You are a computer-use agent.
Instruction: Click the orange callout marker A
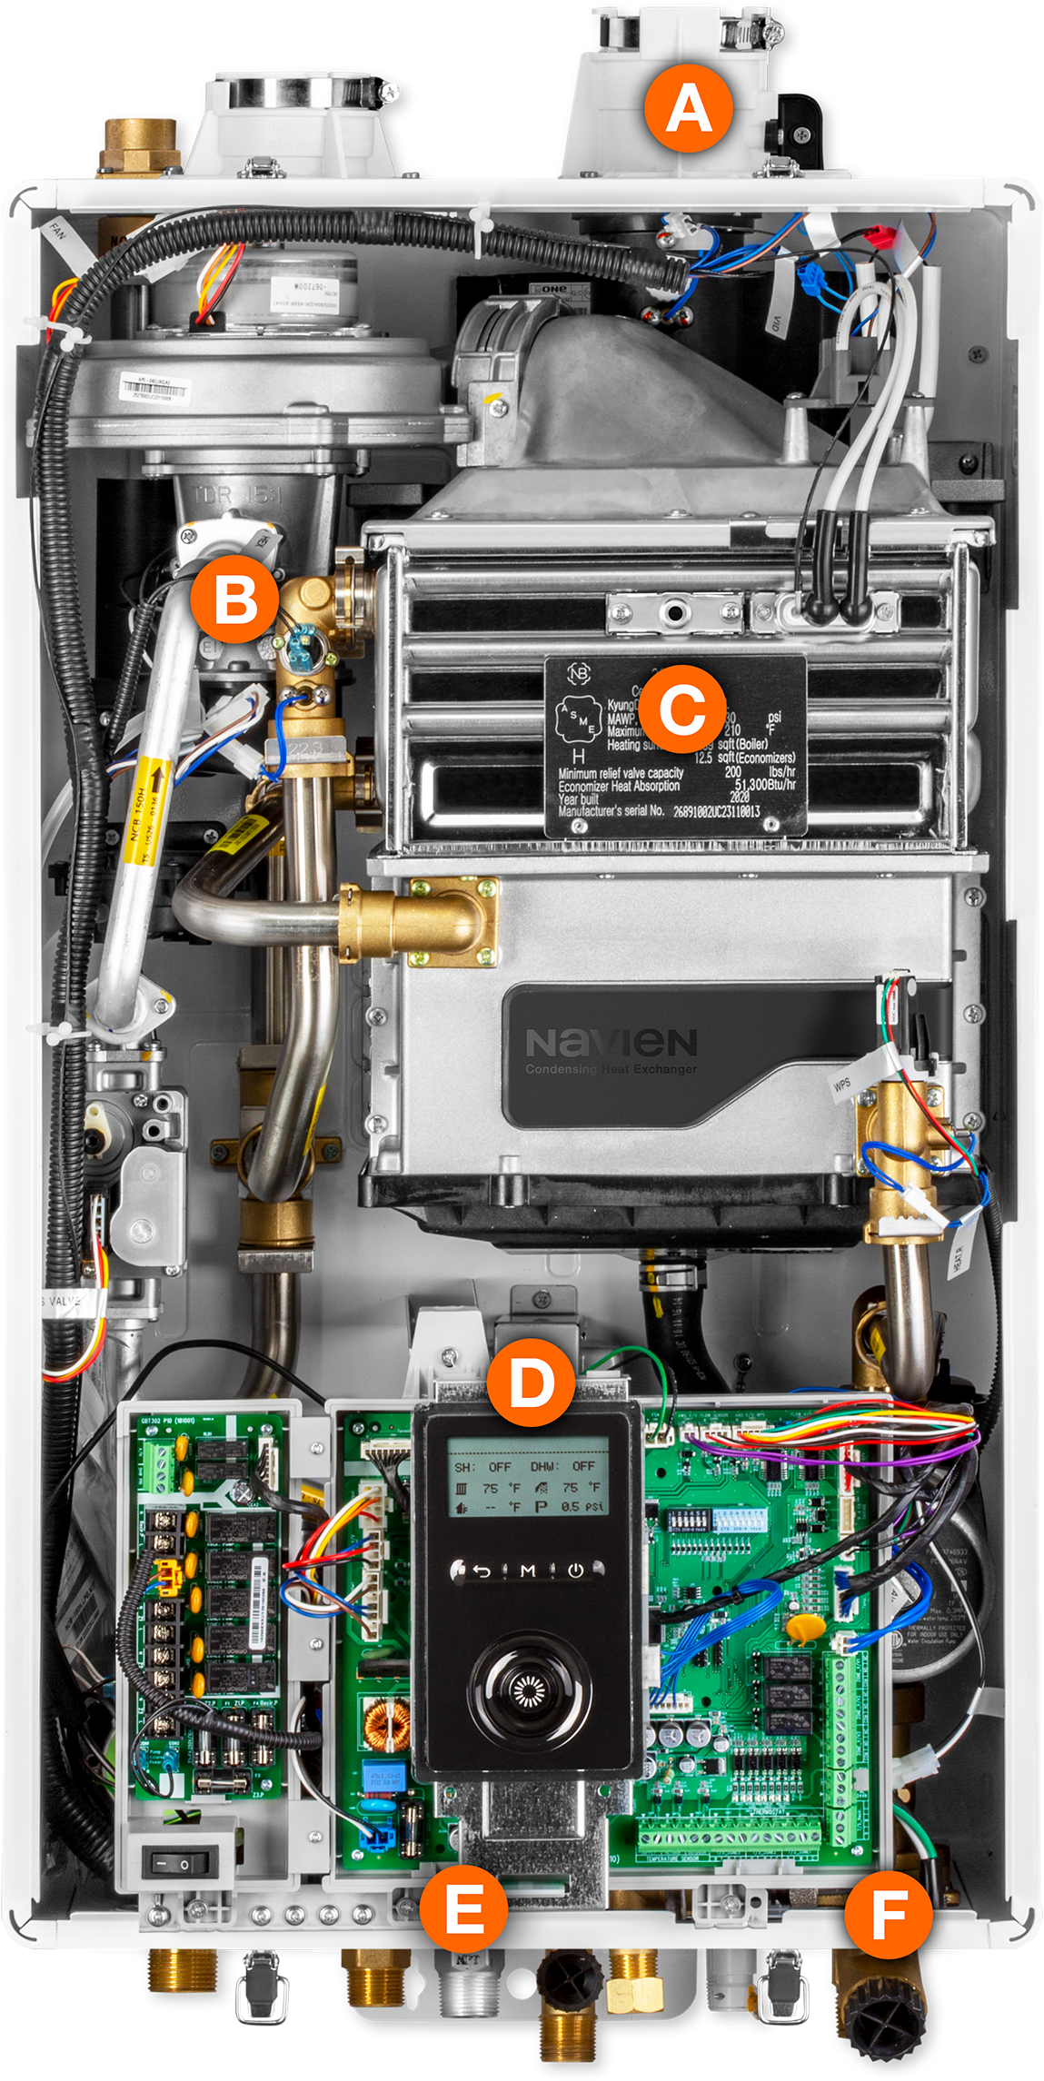click(688, 110)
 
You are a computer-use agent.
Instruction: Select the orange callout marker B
click(234, 600)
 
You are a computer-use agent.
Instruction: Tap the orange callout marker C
click(681, 709)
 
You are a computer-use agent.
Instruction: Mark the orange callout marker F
click(888, 1913)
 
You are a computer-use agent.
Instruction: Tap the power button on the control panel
click(575, 1570)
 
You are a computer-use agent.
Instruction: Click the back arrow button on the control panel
click(482, 1570)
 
